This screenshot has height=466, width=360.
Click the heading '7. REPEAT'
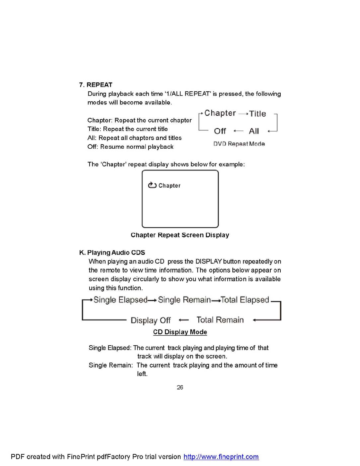[x=96, y=85]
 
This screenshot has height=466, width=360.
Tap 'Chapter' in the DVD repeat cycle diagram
[x=220, y=113]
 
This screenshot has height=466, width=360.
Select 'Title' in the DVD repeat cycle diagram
[x=258, y=113]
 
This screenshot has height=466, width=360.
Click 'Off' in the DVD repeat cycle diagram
[x=220, y=131]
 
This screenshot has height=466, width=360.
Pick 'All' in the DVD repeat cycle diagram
[x=254, y=131]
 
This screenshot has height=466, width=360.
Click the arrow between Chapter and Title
[x=243, y=113]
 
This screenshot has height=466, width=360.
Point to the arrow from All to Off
[x=238, y=131]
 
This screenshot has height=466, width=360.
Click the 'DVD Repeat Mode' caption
[x=239, y=144]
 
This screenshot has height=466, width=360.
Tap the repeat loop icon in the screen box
[x=152, y=185]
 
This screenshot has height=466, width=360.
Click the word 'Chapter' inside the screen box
[x=169, y=186]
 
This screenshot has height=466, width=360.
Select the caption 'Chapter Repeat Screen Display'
[x=180, y=235]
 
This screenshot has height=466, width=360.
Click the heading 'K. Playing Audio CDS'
[x=112, y=252]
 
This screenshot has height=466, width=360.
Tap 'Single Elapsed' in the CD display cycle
[x=120, y=300]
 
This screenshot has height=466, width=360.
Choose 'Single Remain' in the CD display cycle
[x=184, y=300]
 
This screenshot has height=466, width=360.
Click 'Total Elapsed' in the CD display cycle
[x=245, y=300]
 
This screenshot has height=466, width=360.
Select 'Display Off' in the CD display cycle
[x=150, y=320]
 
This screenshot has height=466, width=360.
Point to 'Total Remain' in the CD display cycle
[x=220, y=320]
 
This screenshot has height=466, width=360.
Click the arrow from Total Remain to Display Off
[x=183, y=320]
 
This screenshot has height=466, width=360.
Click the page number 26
[x=180, y=387]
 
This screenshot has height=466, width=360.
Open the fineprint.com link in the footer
[x=221, y=457]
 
